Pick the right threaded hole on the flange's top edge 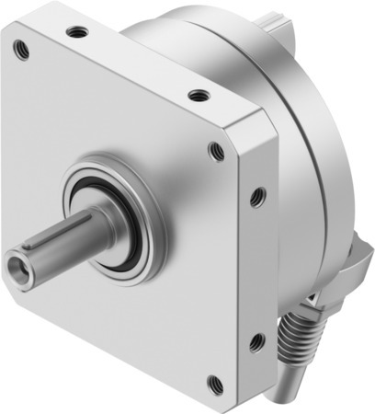(x=196, y=95)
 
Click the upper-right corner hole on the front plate (x=216, y=151)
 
